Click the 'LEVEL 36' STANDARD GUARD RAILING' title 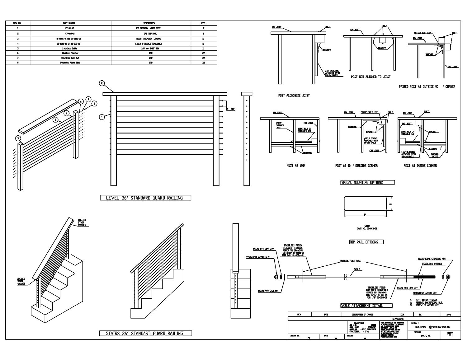(x=145, y=198)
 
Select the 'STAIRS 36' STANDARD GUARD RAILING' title (x=145, y=334)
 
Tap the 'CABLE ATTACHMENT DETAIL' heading (x=366, y=306)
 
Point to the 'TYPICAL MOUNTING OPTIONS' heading (x=367, y=182)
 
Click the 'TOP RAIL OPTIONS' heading (x=366, y=242)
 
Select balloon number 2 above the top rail (x=102, y=83)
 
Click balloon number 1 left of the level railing (x=101, y=117)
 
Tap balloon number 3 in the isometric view (x=18, y=138)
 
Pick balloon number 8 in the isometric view (x=95, y=103)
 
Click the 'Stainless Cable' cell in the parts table (x=71, y=49)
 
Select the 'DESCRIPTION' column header (x=151, y=23)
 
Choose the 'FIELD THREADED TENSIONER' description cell (x=151, y=44)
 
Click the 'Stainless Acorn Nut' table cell (x=71, y=63)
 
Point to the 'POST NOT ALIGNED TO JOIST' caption (x=370, y=77)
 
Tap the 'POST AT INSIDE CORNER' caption (x=420, y=166)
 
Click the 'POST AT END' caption (x=295, y=166)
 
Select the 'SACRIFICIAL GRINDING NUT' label (x=432, y=259)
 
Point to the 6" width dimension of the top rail (x=365, y=215)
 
